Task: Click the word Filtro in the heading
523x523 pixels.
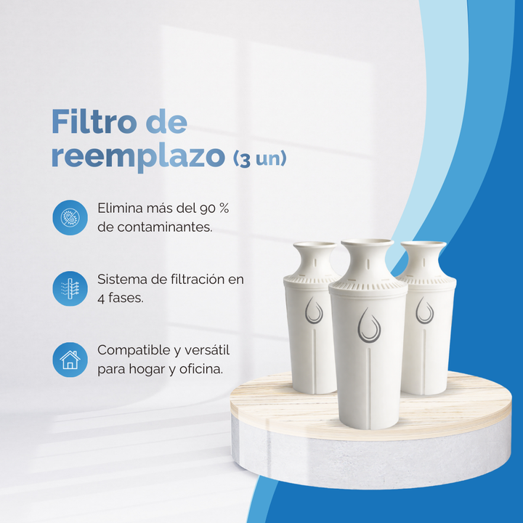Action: [93, 123]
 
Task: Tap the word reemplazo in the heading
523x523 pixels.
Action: [137, 157]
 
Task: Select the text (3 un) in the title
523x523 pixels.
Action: [259, 159]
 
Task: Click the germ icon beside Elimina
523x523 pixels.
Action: [70, 217]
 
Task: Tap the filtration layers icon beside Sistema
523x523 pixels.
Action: [70, 288]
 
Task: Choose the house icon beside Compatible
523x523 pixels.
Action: [70, 360]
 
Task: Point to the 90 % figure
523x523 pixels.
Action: [214, 208]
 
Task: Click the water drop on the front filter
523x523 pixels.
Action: [369, 324]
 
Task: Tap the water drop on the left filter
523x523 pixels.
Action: [314, 310]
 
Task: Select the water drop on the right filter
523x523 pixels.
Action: [424, 310]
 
